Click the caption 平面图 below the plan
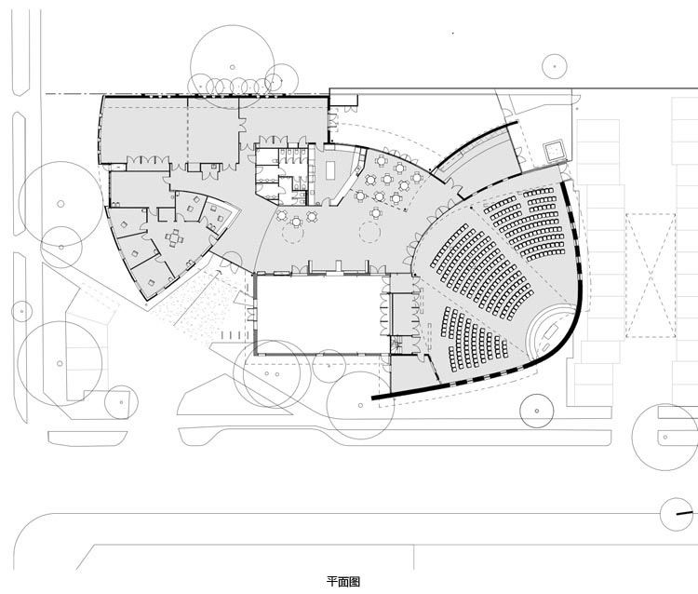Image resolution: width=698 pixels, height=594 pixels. (343, 581)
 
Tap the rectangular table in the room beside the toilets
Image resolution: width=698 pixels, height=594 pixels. (330, 170)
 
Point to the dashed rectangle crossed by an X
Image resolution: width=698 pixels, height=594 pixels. (651, 276)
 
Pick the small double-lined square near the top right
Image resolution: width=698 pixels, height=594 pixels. (555, 151)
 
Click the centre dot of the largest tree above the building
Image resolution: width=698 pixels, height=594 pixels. (233, 67)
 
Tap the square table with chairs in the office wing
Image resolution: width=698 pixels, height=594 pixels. (174, 238)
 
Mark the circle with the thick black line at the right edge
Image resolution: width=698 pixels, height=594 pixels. (678, 514)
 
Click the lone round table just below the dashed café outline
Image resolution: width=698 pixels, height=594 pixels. (376, 213)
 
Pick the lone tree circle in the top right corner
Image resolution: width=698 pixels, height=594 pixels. (555, 66)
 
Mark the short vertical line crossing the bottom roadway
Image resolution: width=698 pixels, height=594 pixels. (414, 557)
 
